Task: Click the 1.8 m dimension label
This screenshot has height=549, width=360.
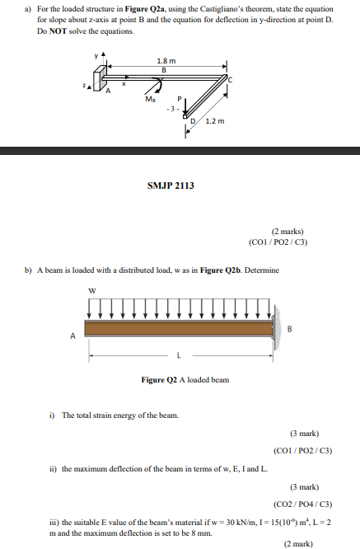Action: [x=166, y=61]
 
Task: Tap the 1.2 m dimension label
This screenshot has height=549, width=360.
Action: [x=215, y=122]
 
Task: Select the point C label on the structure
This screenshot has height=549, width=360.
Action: [x=231, y=79]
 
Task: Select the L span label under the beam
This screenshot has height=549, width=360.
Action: [x=177, y=355]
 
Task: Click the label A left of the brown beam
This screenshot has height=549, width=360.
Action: [x=72, y=335]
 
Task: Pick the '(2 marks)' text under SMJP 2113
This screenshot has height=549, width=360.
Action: [x=288, y=232]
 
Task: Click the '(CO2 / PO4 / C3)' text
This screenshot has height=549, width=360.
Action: [x=302, y=504]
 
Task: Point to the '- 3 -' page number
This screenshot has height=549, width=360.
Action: [x=171, y=108]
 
